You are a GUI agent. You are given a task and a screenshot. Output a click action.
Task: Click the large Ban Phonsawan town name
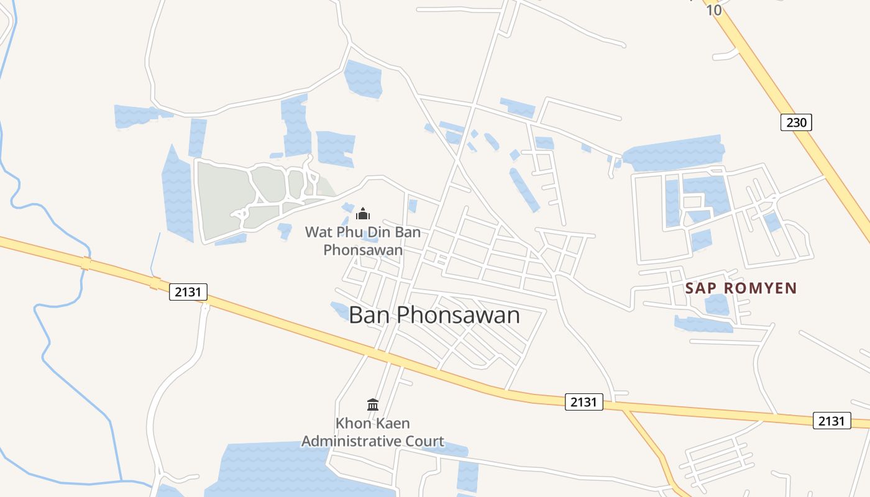(434, 315)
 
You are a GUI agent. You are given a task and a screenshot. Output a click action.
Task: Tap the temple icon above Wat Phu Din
(363, 214)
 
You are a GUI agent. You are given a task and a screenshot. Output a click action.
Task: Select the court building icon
(373, 404)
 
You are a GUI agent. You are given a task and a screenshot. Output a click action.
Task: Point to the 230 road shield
(796, 122)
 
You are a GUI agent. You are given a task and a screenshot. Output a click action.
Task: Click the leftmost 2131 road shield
(188, 292)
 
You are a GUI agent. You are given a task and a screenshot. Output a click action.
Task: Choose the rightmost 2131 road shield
(831, 421)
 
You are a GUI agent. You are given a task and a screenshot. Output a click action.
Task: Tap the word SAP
(700, 288)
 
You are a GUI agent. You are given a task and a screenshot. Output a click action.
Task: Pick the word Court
(423, 442)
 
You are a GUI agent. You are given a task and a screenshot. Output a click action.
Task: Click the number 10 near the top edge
(714, 11)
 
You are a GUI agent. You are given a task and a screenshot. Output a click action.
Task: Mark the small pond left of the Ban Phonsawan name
(340, 310)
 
